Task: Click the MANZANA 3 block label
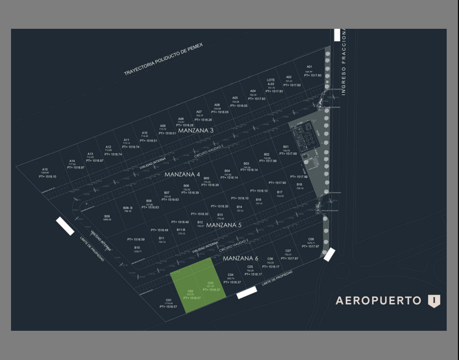195,130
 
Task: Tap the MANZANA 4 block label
182,174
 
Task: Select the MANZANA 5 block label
224,225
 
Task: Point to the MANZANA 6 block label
240,258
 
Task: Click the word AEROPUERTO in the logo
378,301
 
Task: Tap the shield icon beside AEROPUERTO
434,301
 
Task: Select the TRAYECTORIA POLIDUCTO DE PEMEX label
163,59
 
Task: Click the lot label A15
45,169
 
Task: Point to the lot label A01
309,67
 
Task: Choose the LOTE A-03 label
271,82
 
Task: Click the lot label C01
169,300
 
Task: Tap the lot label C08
311,239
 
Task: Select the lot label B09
107,216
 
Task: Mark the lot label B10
137,247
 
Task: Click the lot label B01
286,147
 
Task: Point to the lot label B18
299,185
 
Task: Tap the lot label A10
145,133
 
